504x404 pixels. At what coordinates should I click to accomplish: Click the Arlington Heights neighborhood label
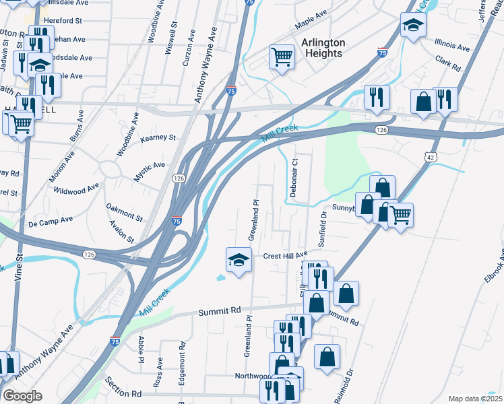tap(323, 48)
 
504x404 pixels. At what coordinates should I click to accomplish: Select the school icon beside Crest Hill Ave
tap(238, 260)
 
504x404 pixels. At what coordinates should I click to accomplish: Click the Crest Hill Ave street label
tap(285, 256)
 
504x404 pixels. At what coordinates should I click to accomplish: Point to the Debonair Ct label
tap(294, 178)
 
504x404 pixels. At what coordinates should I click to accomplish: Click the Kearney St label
tap(158, 137)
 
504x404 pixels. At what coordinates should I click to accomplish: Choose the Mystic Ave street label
tap(149, 165)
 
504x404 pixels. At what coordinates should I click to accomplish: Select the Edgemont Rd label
tap(182, 364)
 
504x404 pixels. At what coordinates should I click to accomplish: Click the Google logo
tap(22, 396)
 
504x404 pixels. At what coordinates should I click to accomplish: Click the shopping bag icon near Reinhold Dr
tap(327, 358)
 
